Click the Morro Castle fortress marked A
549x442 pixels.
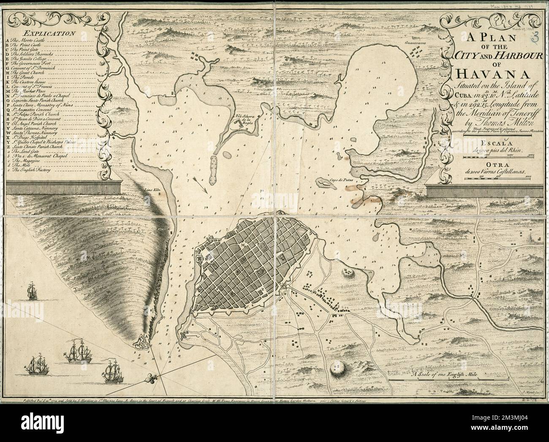point(141,342)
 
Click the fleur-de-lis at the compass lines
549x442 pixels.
point(152,376)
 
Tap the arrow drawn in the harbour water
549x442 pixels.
point(201,187)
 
